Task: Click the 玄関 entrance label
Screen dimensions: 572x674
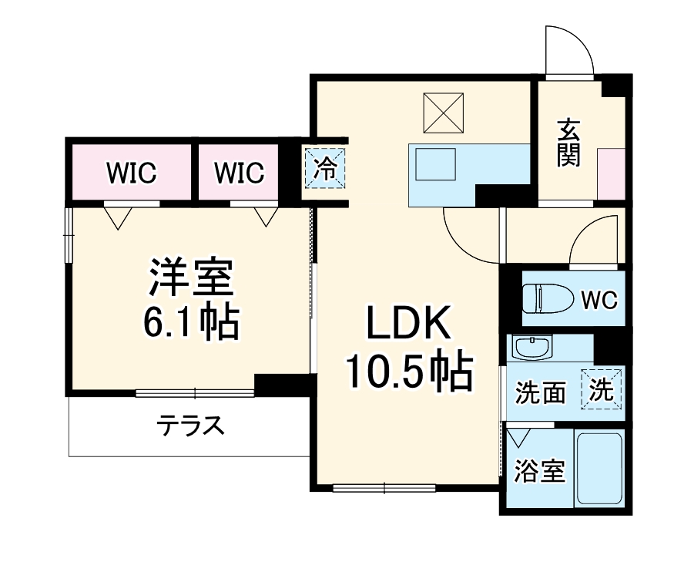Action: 569,143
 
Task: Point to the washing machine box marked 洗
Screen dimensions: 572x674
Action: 602,391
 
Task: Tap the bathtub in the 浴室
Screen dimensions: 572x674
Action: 599,468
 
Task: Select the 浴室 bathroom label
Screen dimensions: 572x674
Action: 540,471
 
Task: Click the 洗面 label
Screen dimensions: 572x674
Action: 540,393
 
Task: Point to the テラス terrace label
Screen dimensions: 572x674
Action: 191,425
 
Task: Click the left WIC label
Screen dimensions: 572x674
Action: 131,173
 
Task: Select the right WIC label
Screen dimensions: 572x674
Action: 239,173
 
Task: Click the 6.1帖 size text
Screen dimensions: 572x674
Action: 190,323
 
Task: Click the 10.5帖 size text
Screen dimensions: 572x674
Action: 407,374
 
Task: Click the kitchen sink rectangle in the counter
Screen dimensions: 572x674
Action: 437,163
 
